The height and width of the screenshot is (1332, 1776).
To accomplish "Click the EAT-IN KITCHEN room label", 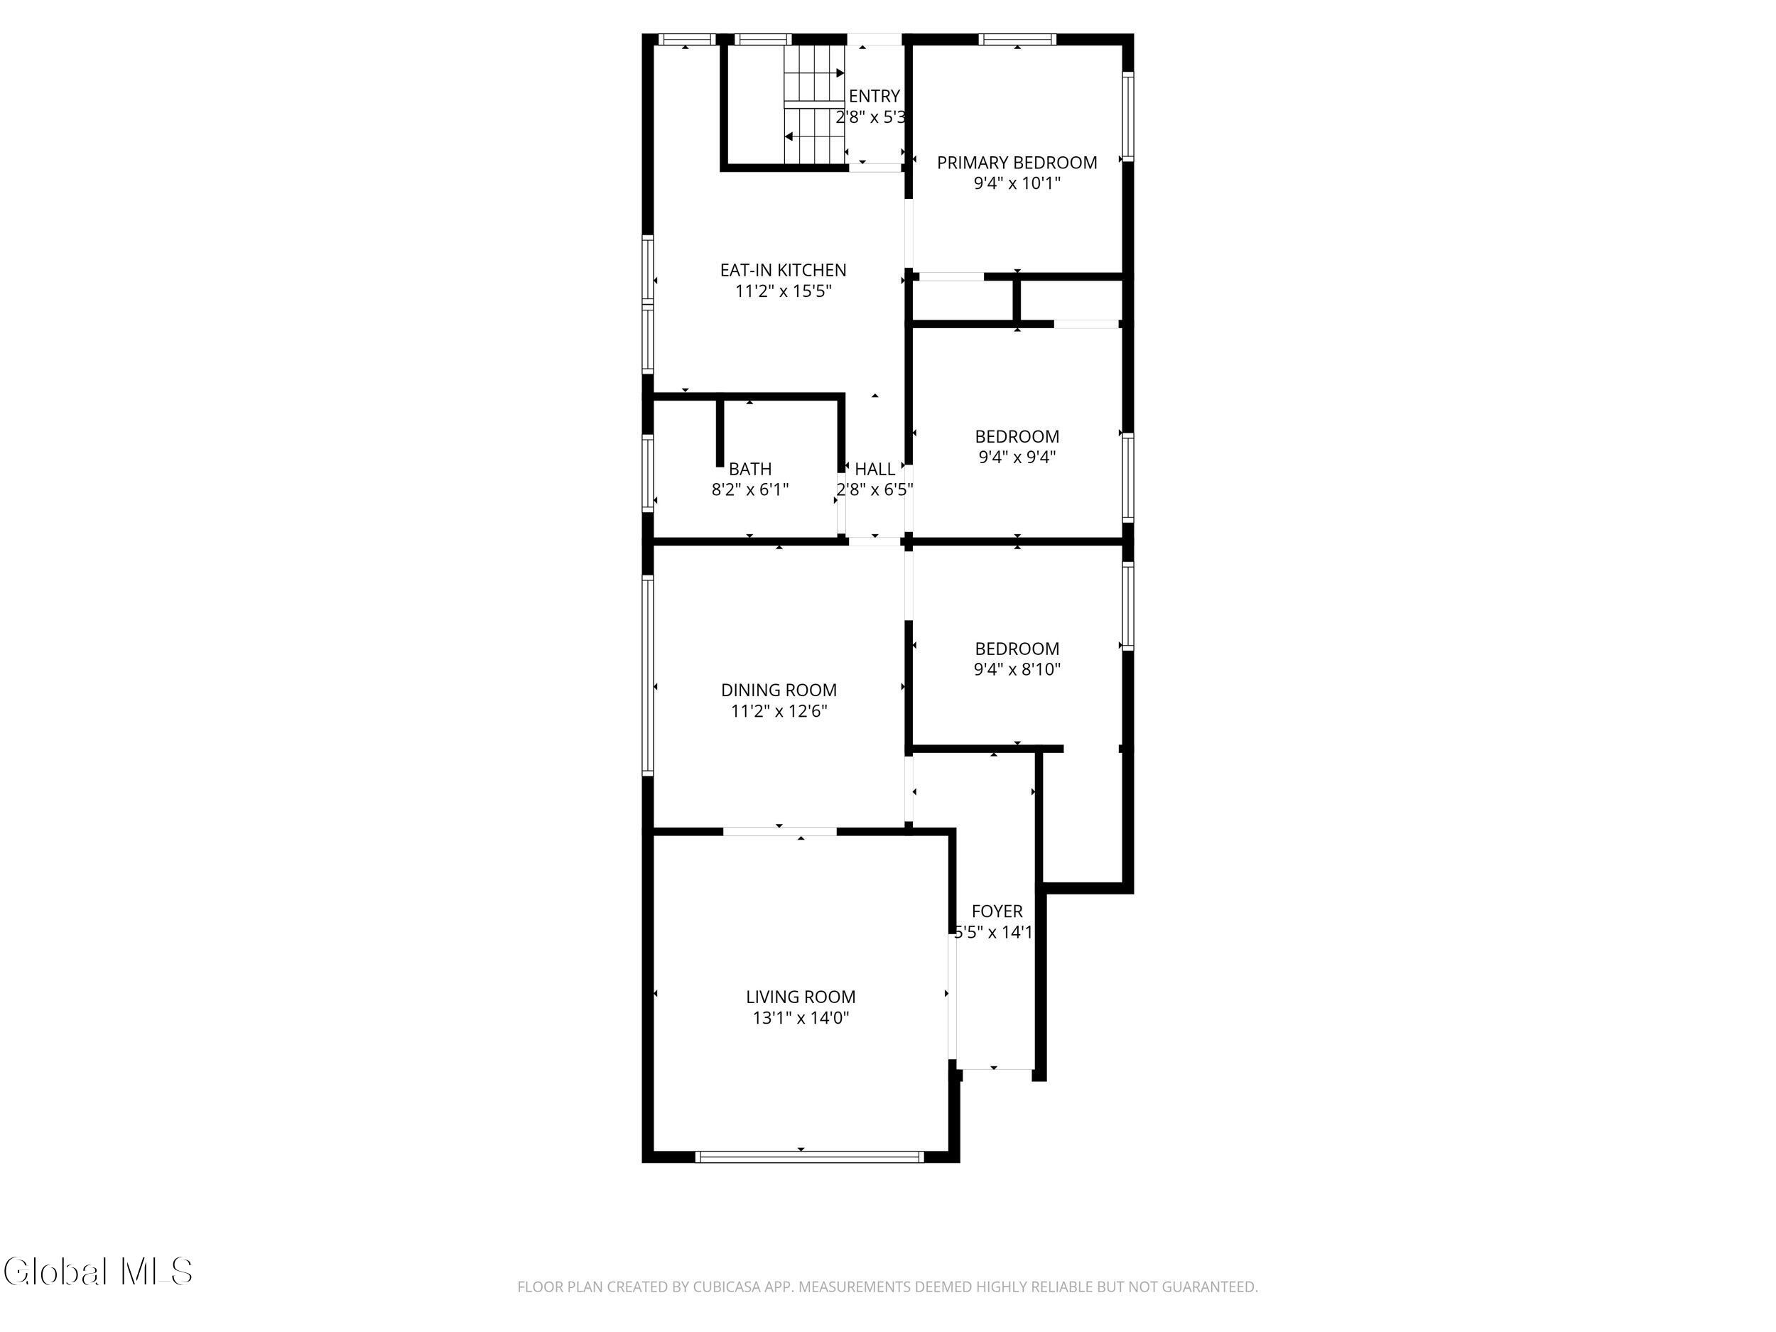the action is pos(783,270).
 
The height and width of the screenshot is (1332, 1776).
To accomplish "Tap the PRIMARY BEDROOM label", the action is pos(1017,162).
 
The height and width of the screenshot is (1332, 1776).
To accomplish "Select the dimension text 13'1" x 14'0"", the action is pos(801,1018).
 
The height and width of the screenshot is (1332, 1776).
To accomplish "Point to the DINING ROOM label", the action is pos(779,690).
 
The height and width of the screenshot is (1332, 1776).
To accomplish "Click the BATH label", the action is pos(750,469).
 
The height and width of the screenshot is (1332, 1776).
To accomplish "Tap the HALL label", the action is pos(875,469).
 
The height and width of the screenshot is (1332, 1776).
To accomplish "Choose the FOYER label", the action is pos(997,911).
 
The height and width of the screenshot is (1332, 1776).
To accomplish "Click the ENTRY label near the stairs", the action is pos(875,97).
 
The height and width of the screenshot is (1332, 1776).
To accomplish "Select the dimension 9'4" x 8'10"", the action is pos(1017,670).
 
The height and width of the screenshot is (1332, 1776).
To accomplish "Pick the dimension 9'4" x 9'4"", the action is pos(1017,457).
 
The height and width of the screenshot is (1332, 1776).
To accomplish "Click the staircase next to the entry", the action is pos(815,104).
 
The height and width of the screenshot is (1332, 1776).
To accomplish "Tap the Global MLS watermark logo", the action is pos(98,1272).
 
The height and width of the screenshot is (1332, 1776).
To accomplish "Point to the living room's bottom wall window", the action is pos(809,1157).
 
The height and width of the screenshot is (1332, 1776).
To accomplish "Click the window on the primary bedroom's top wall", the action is pos(1017,38).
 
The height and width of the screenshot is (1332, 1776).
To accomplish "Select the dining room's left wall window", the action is pos(648,674).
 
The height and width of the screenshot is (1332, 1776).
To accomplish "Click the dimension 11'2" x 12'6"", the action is pos(779,711).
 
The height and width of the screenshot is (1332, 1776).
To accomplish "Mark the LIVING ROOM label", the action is pos(801,997).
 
